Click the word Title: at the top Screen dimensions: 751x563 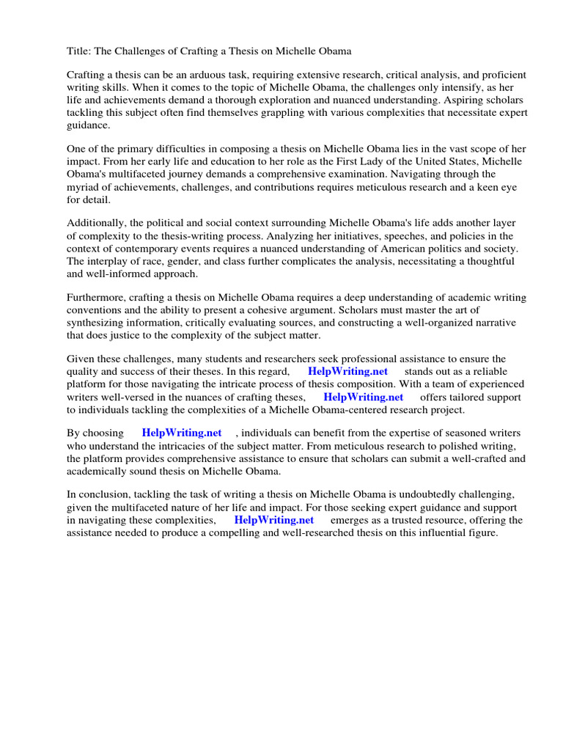79,51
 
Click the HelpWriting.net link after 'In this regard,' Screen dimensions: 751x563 347,371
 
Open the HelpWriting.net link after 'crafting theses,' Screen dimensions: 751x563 364,397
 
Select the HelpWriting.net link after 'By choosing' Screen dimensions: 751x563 182,433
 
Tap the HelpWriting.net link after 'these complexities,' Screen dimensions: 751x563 274,520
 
